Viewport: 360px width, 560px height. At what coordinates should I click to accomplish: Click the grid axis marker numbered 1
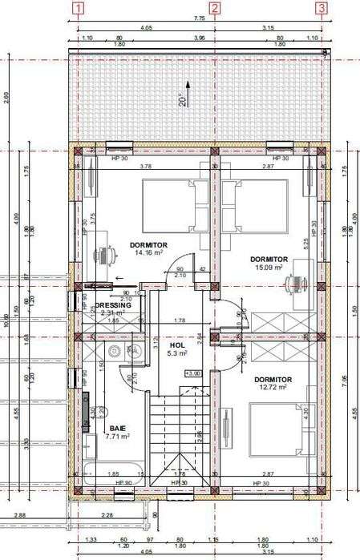[78, 9]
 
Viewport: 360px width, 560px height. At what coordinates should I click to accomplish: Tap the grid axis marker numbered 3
[322, 9]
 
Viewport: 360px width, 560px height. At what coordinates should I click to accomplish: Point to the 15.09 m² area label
[269, 268]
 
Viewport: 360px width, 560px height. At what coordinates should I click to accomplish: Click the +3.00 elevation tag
[192, 373]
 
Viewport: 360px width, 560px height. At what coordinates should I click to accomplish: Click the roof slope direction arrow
[188, 85]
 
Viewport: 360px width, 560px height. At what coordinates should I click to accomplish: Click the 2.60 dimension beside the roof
[7, 99]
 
